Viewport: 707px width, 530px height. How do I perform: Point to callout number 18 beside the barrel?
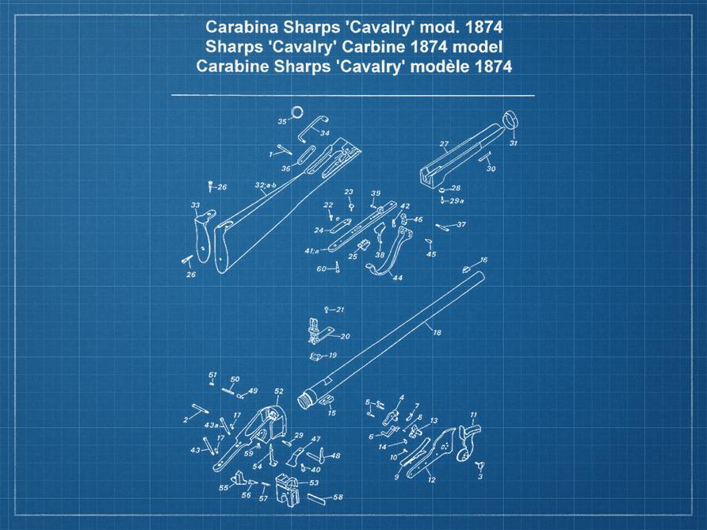(437, 334)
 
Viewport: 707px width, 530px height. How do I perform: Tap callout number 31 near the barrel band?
(513, 144)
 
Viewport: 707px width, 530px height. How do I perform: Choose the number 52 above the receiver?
(279, 391)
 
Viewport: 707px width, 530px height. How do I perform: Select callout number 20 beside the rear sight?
(345, 337)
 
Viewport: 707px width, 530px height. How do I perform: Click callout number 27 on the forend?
(444, 144)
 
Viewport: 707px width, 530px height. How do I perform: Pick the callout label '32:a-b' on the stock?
(266, 185)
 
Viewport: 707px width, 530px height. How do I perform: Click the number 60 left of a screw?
(322, 269)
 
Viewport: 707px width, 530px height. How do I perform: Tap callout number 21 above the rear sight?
(338, 309)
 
